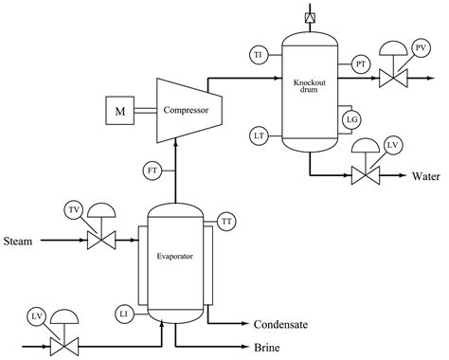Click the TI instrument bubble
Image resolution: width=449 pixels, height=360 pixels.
[x=258, y=54]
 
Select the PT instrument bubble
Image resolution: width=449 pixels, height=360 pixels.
[x=361, y=63]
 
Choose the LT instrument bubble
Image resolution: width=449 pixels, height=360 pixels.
[x=258, y=136]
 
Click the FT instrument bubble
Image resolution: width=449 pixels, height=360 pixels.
[x=153, y=170]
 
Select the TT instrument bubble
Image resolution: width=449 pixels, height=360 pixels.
[x=227, y=221]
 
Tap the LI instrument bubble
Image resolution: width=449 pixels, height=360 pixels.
[x=124, y=313]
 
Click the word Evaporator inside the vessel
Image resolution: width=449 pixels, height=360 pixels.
[x=174, y=257]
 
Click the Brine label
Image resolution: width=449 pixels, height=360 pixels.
[x=267, y=348]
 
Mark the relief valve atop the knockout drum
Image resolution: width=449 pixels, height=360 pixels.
[x=310, y=17]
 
